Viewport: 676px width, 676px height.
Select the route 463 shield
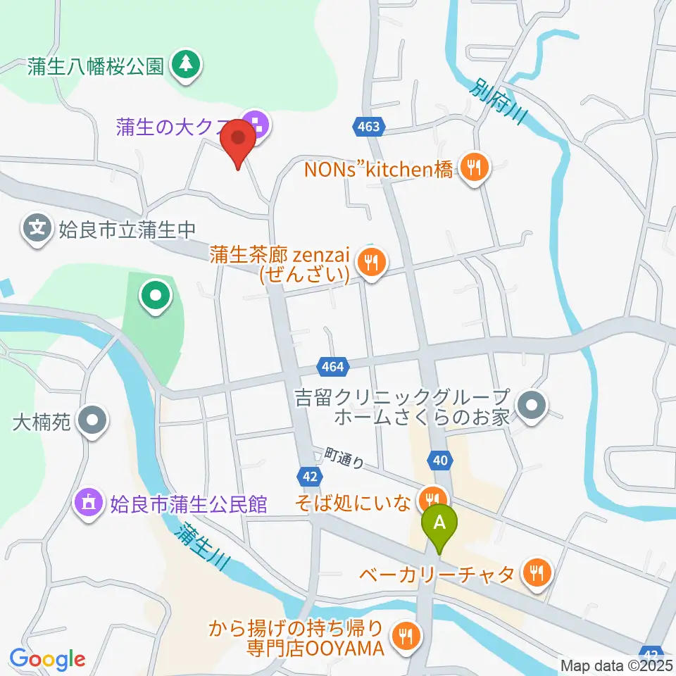[367, 127]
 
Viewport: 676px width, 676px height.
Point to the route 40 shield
[439, 460]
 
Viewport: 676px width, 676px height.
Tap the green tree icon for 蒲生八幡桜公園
[187, 65]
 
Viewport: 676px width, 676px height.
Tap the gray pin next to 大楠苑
[92, 423]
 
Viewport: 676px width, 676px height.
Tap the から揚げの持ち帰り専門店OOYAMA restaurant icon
[406, 637]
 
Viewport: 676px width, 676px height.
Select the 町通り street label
[345, 458]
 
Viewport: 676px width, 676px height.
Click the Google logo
[48, 659]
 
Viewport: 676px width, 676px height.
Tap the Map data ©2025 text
[616, 665]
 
